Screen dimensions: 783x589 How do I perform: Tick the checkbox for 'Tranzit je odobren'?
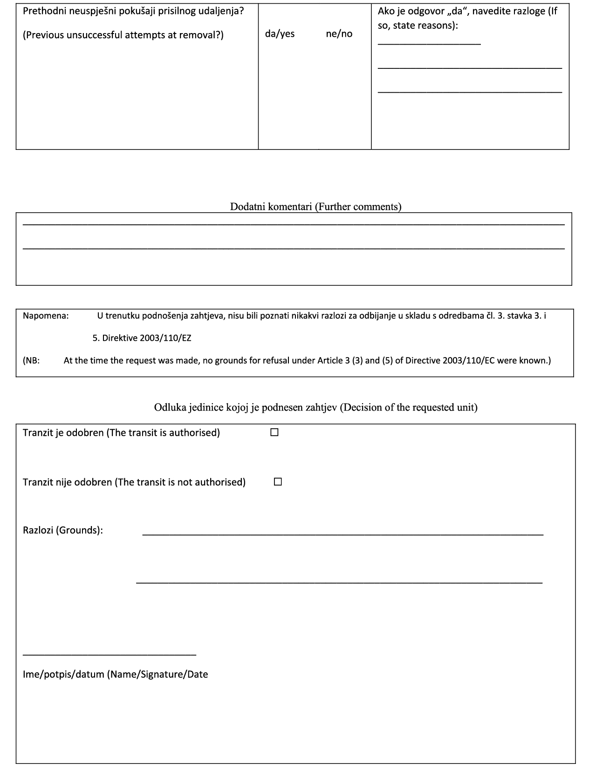[x=274, y=432]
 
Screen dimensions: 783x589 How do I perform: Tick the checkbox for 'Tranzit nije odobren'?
[x=278, y=482]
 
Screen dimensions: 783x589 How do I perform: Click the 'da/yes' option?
[x=280, y=34]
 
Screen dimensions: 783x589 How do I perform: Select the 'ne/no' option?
[x=339, y=34]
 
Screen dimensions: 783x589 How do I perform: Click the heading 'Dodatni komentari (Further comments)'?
[x=315, y=207]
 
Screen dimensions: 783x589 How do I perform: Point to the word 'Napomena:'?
[x=46, y=316]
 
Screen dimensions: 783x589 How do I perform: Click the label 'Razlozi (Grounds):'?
[x=63, y=530]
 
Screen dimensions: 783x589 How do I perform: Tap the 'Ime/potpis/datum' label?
[x=64, y=674]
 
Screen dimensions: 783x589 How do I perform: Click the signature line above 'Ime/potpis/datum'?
[x=110, y=655]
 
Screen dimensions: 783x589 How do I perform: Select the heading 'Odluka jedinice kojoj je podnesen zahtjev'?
[x=246, y=407]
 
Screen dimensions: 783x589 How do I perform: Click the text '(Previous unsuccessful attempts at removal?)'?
[x=123, y=35]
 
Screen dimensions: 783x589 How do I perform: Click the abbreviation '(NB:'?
[x=31, y=360]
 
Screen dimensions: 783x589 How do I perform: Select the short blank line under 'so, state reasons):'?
[x=429, y=45]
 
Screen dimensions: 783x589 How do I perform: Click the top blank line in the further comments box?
[x=294, y=225]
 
